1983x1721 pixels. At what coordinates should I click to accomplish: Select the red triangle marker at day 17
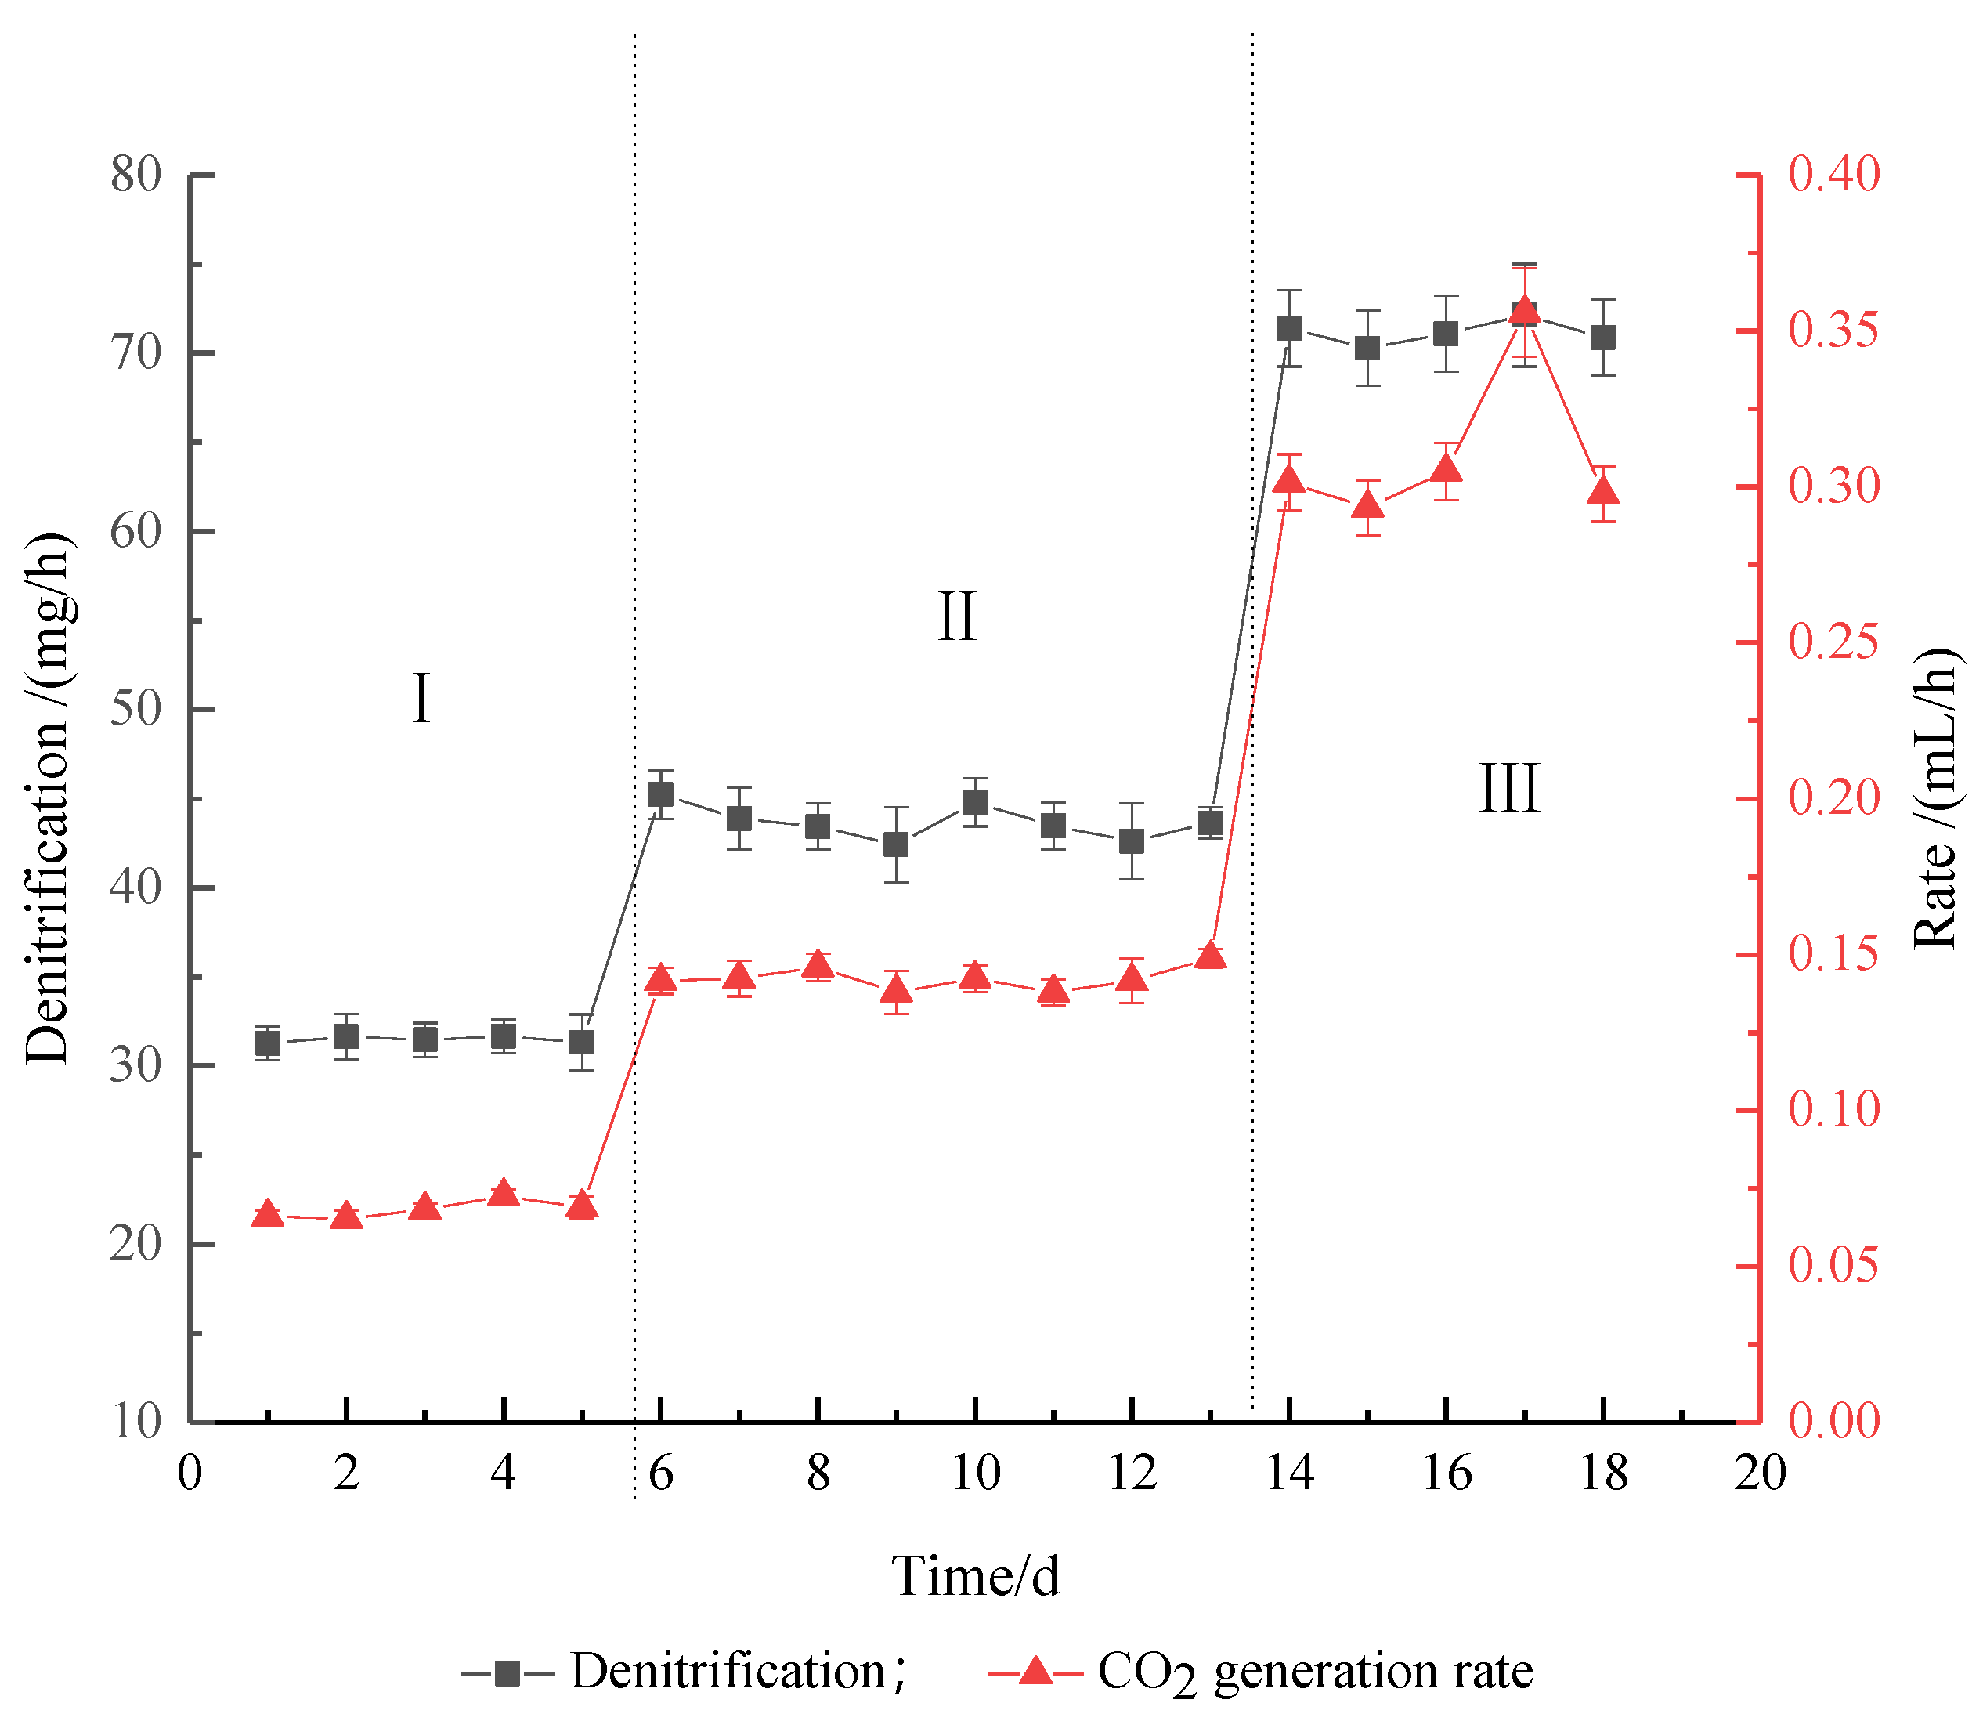pyautogui.click(x=1524, y=311)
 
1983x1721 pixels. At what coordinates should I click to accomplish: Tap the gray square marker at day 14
pyautogui.click(x=1288, y=328)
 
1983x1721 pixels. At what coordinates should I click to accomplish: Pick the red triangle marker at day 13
pyautogui.click(x=1211, y=956)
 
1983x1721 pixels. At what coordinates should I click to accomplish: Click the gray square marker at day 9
pyautogui.click(x=896, y=845)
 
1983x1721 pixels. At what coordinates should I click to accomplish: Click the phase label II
pyautogui.click(x=956, y=617)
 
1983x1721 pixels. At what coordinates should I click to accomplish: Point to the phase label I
pyautogui.click(x=421, y=700)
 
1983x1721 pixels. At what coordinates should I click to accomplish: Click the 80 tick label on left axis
pyautogui.click(x=135, y=175)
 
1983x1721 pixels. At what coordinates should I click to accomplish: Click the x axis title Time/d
pyautogui.click(x=975, y=1576)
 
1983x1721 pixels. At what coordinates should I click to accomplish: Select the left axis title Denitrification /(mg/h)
pyautogui.click(x=48, y=797)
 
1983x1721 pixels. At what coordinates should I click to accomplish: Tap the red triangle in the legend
pyautogui.click(x=1035, y=1672)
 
